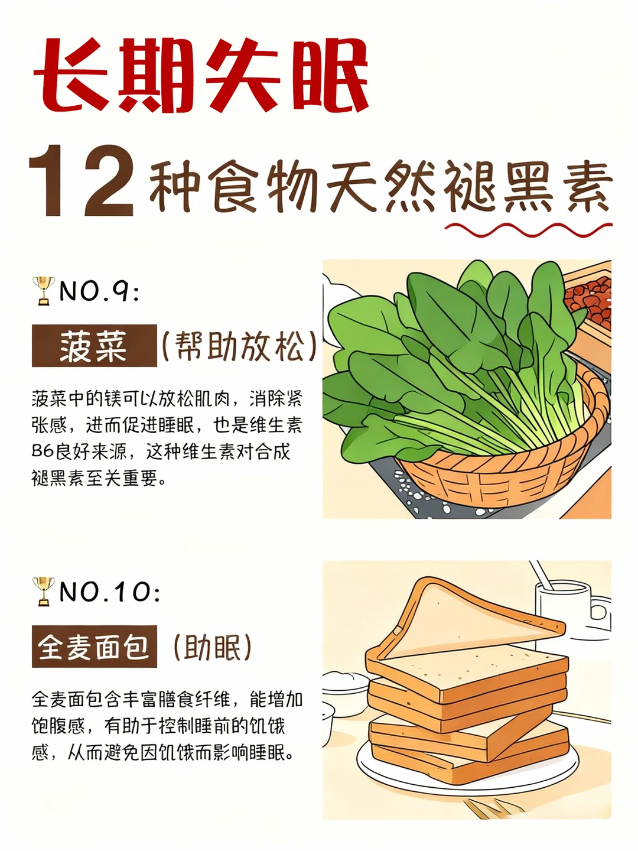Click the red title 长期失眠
click(201, 75)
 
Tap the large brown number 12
click(82, 181)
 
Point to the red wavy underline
click(529, 229)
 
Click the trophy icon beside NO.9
click(43, 290)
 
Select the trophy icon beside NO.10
click(43, 591)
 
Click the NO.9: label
click(99, 291)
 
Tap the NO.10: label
click(110, 592)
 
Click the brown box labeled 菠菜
click(94, 346)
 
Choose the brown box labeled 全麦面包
click(94, 647)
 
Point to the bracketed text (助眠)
click(213, 647)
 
